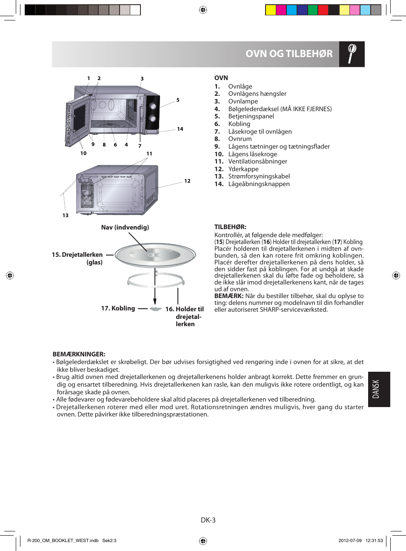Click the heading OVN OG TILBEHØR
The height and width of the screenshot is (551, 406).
pos(289,54)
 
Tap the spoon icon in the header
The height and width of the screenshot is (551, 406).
pos(352,54)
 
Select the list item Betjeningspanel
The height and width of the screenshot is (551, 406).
pos(251,116)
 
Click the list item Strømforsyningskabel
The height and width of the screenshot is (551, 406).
pos(259,176)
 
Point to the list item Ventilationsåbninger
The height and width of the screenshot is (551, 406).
pos(257,161)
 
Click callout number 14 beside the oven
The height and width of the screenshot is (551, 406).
pos(180,129)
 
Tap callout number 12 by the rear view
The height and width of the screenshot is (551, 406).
pos(187,181)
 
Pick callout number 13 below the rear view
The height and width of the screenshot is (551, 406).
pos(66,215)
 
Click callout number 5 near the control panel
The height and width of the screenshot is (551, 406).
pos(178,100)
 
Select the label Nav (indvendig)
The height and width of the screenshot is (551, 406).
pos(125,227)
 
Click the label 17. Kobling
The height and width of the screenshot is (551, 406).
pos(118,308)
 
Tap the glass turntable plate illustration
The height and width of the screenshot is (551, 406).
pos(155,255)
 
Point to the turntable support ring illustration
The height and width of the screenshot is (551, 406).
pos(155,281)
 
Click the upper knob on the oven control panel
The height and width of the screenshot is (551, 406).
pos(153,106)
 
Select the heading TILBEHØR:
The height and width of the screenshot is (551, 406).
pos(230,227)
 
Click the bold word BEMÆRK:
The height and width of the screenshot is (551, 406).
pos(229,296)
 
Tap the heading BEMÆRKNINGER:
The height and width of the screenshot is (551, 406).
pos(79,354)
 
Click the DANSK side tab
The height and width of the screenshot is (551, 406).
pos(379,389)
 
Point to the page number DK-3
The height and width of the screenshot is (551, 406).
pos(208,520)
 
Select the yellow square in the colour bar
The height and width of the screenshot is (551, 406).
pos(271,10)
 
